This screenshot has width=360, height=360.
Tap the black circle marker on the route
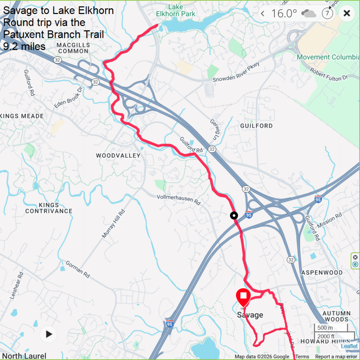(234, 216)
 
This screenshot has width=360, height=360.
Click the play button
(49, 334)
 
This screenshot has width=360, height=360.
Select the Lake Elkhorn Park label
(176, 10)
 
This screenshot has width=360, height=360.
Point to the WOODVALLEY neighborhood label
(118, 156)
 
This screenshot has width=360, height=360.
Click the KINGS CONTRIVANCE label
(49, 208)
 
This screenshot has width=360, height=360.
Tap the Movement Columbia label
(328, 57)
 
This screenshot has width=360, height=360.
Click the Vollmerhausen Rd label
(179, 200)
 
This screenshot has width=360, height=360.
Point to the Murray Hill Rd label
(113, 224)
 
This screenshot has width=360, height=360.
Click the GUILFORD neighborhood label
(256, 126)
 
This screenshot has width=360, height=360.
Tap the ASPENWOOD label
(322, 273)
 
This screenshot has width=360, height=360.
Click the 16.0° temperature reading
(284, 14)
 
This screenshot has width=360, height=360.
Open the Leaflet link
(349, 346)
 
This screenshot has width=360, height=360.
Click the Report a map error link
(336, 357)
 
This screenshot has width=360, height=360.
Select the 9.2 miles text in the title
(24, 46)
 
